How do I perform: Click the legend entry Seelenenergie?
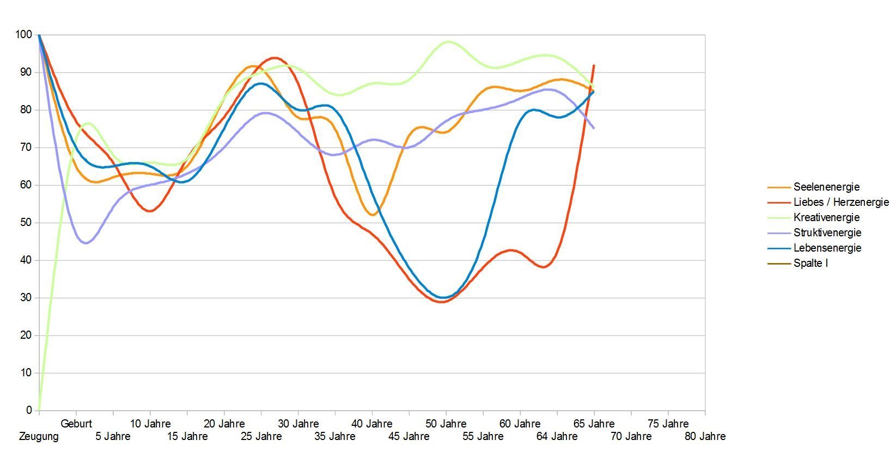click(826, 187)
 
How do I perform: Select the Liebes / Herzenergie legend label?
click(840, 202)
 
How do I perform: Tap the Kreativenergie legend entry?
click(826, 217)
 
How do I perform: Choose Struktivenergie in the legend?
click(827, 233)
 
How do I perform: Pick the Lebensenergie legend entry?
click(827, 248)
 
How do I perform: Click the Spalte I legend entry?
click(810, 263)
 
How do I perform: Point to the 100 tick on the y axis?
click(24, 35)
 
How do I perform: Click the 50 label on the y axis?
click(26, 223)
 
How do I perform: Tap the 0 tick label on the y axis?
click(29, 410)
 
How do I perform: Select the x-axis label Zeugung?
click(39, 436)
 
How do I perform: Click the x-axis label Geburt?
click(76, 424)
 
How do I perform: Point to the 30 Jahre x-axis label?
click(298, 424)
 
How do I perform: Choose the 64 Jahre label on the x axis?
click(557, 436)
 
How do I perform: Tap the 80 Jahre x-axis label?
click(705, 436)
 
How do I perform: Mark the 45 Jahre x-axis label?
click(409, 436)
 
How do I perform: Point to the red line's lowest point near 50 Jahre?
click(442, 302)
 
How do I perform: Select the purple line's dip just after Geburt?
click(86, 243)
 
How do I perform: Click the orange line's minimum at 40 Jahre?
click(373, 215)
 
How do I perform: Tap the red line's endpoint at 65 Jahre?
click(594, 65)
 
